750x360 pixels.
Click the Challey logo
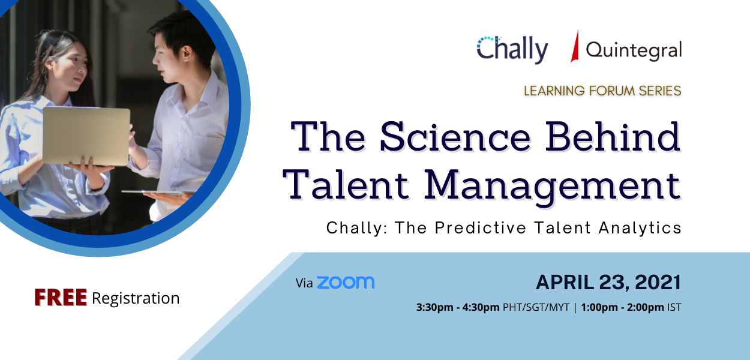pos(512,49)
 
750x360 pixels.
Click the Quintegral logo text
pos(634,50)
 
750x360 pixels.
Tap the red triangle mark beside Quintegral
pos(575,47)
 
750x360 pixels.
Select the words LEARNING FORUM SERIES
pos(602,91)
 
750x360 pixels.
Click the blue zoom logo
pos(346,283)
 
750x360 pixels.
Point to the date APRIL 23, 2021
pos(608,282)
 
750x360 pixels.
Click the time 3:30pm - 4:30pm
pos(458,308)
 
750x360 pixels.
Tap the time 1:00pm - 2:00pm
pos(622,308)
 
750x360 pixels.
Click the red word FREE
pos(61,298)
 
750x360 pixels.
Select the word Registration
pos(136,298)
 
